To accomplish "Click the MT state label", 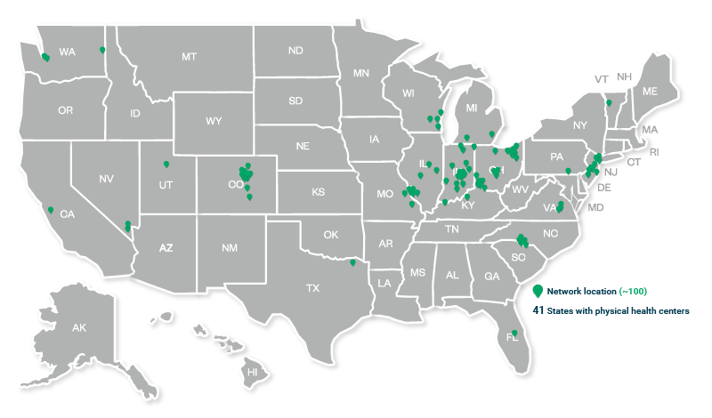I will pos(189,56).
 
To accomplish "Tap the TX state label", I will pos(312,287).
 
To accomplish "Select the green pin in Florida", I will pos(514,334).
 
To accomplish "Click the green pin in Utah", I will pos(166,164).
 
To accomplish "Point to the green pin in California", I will pos(51,210).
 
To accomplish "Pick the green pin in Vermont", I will pos(609,103).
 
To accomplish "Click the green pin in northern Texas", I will pos(353,261).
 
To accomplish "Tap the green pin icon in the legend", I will pos(538,292).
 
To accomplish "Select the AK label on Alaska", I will pos(79,328).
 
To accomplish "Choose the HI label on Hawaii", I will pos(252,371).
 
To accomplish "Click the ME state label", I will pos(650,92).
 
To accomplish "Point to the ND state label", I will pos(295,52).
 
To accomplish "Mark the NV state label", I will pos(106,179).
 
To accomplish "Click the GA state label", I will pos(492,276).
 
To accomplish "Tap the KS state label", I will pos(318,191).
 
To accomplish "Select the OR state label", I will pos(65,111).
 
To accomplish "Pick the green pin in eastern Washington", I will pos(102,50).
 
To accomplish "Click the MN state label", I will pos(361,73).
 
